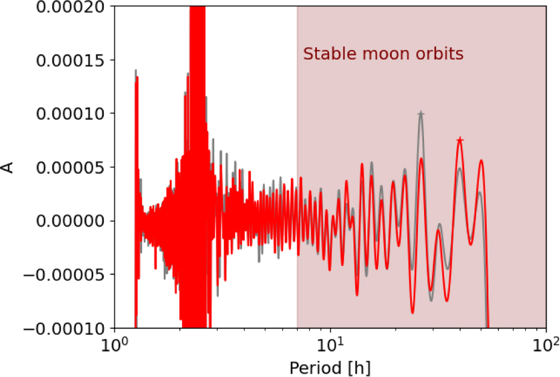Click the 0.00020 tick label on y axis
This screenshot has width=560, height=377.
[70, 7]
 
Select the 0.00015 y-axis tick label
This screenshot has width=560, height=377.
[70, 60]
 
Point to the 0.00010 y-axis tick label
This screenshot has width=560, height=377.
[70, 114]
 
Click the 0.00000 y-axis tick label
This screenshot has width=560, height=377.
[70, 221]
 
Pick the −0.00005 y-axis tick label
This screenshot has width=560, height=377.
[64, 275]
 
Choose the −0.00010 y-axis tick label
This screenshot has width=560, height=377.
[64, 328]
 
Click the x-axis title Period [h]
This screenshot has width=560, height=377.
[330, 368]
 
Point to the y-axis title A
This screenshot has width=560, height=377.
[8, 168]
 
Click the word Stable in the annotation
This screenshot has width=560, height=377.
[329, 54]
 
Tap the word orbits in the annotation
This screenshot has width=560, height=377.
[440, 54]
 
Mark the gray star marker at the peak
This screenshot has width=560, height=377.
[421, 114]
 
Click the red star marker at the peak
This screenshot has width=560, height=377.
[460, 140]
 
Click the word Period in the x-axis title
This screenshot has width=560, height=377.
[315, 368]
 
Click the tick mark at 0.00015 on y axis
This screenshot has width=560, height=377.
[112, 60]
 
